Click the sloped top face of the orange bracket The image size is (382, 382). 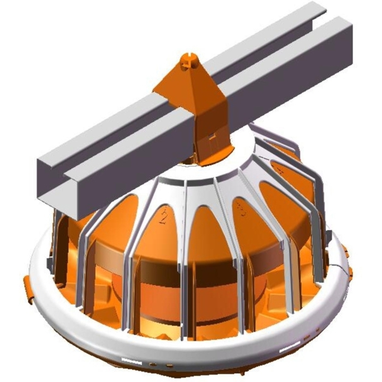pyautogui.click(x=180, y=82)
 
